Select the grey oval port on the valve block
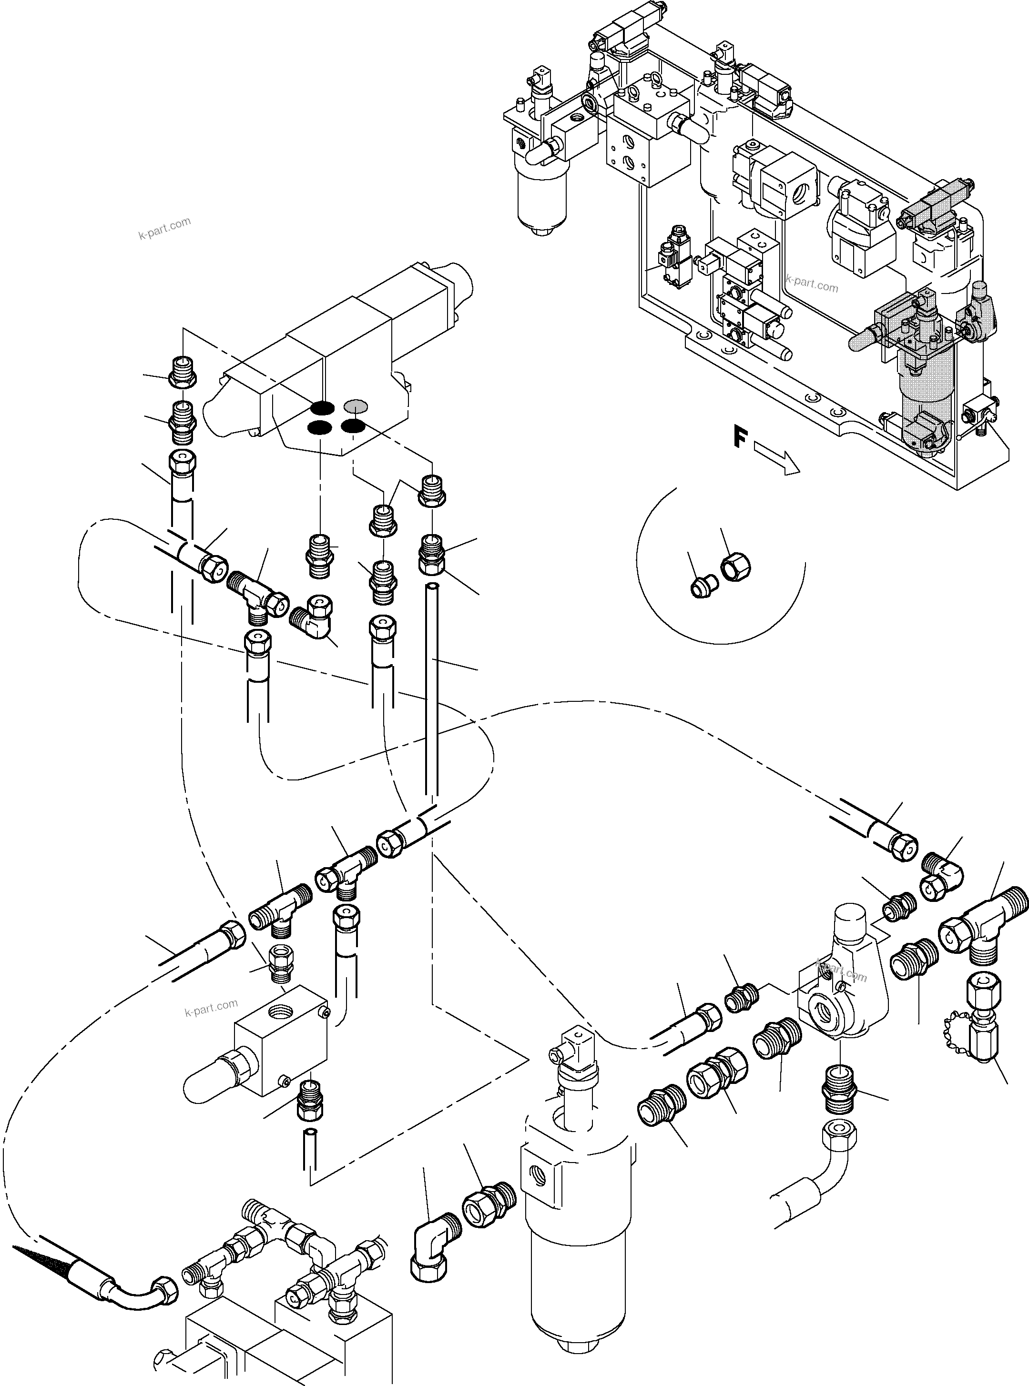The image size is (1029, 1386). (x=356, y=406)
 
